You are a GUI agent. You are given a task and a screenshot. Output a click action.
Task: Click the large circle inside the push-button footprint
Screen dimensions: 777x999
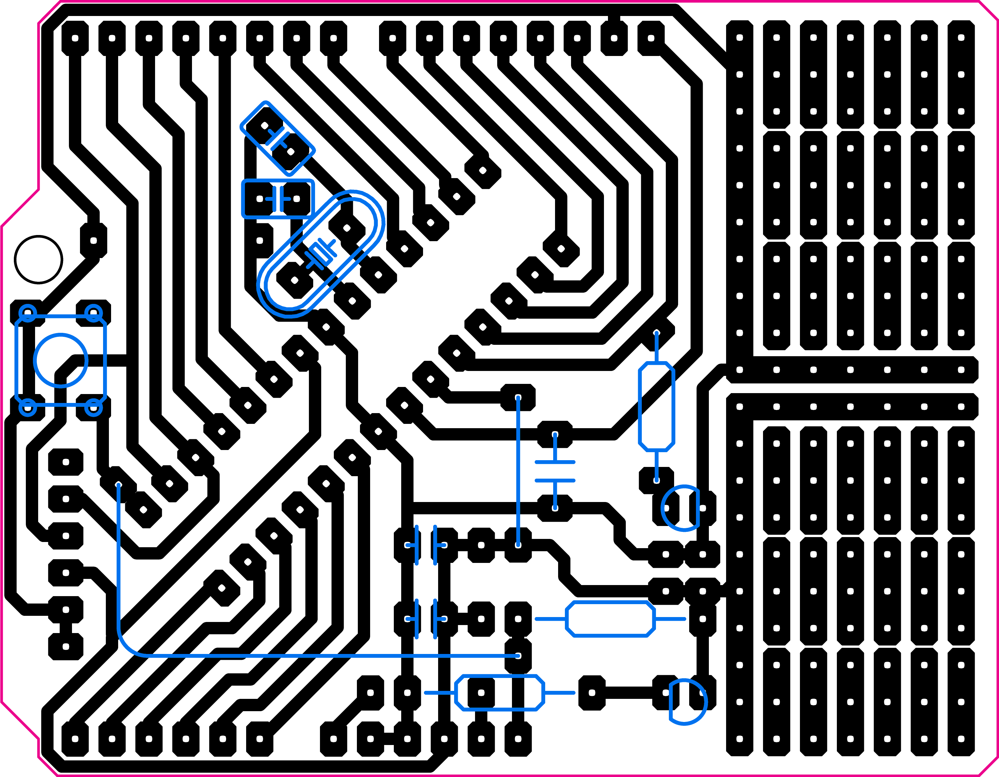[60, 361]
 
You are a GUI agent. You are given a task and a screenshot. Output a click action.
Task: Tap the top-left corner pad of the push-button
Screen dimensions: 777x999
[27, 313]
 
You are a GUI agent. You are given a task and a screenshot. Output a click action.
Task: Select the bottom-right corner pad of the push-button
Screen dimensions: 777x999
[94, 408]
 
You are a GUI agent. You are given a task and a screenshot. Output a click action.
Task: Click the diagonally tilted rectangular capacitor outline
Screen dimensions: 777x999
[278, 138]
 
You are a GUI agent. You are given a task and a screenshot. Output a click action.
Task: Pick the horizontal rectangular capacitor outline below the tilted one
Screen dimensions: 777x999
[278, 199]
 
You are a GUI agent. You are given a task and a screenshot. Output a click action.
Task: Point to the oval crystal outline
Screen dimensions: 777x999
[321, 254]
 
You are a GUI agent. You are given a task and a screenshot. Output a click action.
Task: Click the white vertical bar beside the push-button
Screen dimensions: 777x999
[118, 281]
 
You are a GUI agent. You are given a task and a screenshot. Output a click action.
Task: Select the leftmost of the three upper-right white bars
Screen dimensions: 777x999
[684, 225]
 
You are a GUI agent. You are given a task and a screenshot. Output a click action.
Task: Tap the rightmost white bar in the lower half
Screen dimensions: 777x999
[906, 563]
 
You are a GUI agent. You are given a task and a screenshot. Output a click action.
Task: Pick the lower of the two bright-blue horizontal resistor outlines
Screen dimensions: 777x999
[499, 693]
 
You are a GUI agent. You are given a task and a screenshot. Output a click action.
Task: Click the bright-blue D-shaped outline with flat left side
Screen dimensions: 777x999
[689, 702]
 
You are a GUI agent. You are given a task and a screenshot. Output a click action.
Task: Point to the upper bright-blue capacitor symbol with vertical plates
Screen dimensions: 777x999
[426, 545]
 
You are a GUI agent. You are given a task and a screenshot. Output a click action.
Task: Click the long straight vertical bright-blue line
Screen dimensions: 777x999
[518, 471]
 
